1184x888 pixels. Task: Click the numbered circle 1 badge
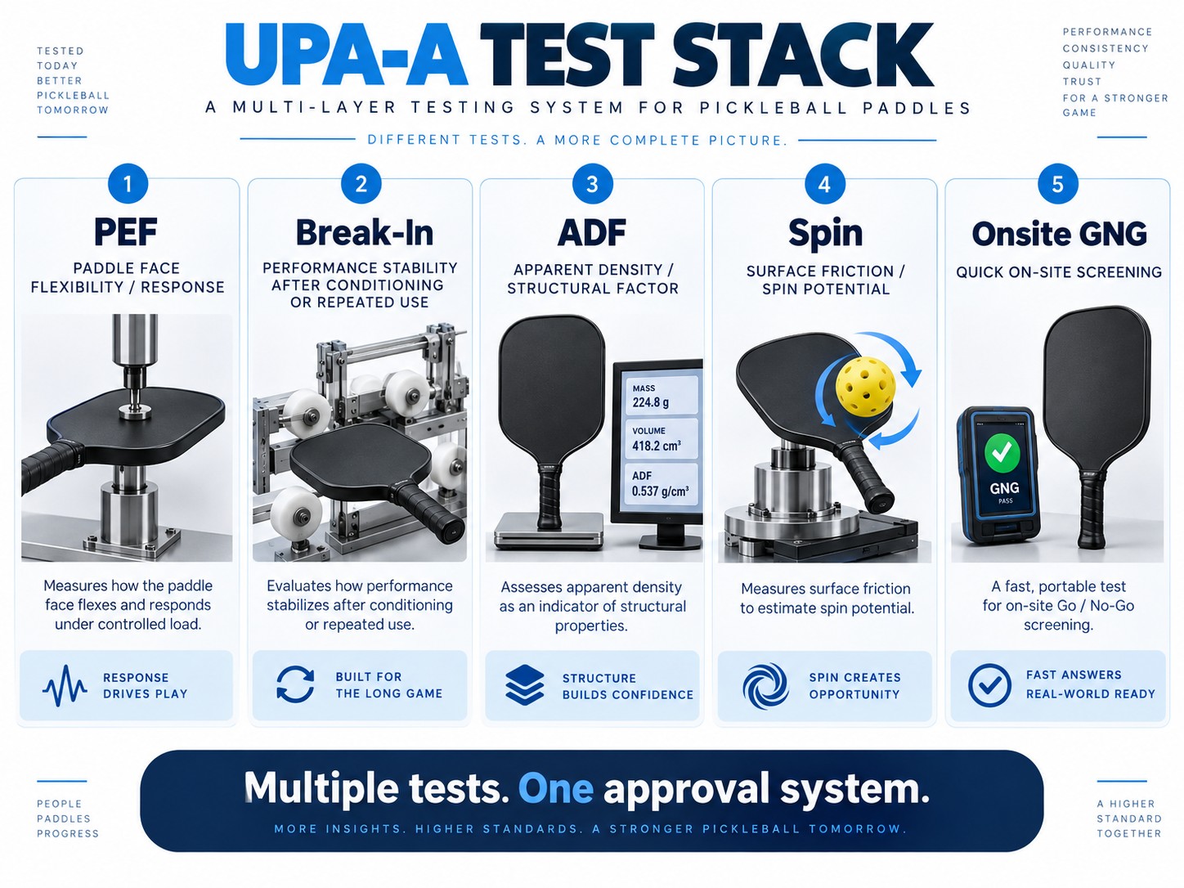tap(128, 184)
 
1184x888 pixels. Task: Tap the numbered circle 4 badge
tap(824, 184)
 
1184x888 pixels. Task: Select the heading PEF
tap(125, 232)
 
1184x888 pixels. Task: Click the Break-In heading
tap(365, 232)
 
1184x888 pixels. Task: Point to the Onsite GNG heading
tap(1059, 234)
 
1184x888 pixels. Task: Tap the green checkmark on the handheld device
tap(1002, 453)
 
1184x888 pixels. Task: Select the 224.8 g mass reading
tap(651, 401)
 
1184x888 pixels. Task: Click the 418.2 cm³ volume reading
tap(657, 446)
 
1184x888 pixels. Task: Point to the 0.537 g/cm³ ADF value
tap(660, 491)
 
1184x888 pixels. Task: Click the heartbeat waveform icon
tap(65, 686)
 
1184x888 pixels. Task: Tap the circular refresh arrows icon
tap(295, 684)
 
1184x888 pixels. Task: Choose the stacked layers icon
tap(525, 684)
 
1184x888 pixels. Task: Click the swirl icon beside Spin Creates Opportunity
tap(765, 685)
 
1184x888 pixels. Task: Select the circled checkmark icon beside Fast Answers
tap(990, 684)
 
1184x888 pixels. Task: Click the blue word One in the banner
tap(555, 789)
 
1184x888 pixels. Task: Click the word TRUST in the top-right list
tap(1082, 82)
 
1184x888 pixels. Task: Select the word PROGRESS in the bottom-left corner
tap(68, 833)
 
